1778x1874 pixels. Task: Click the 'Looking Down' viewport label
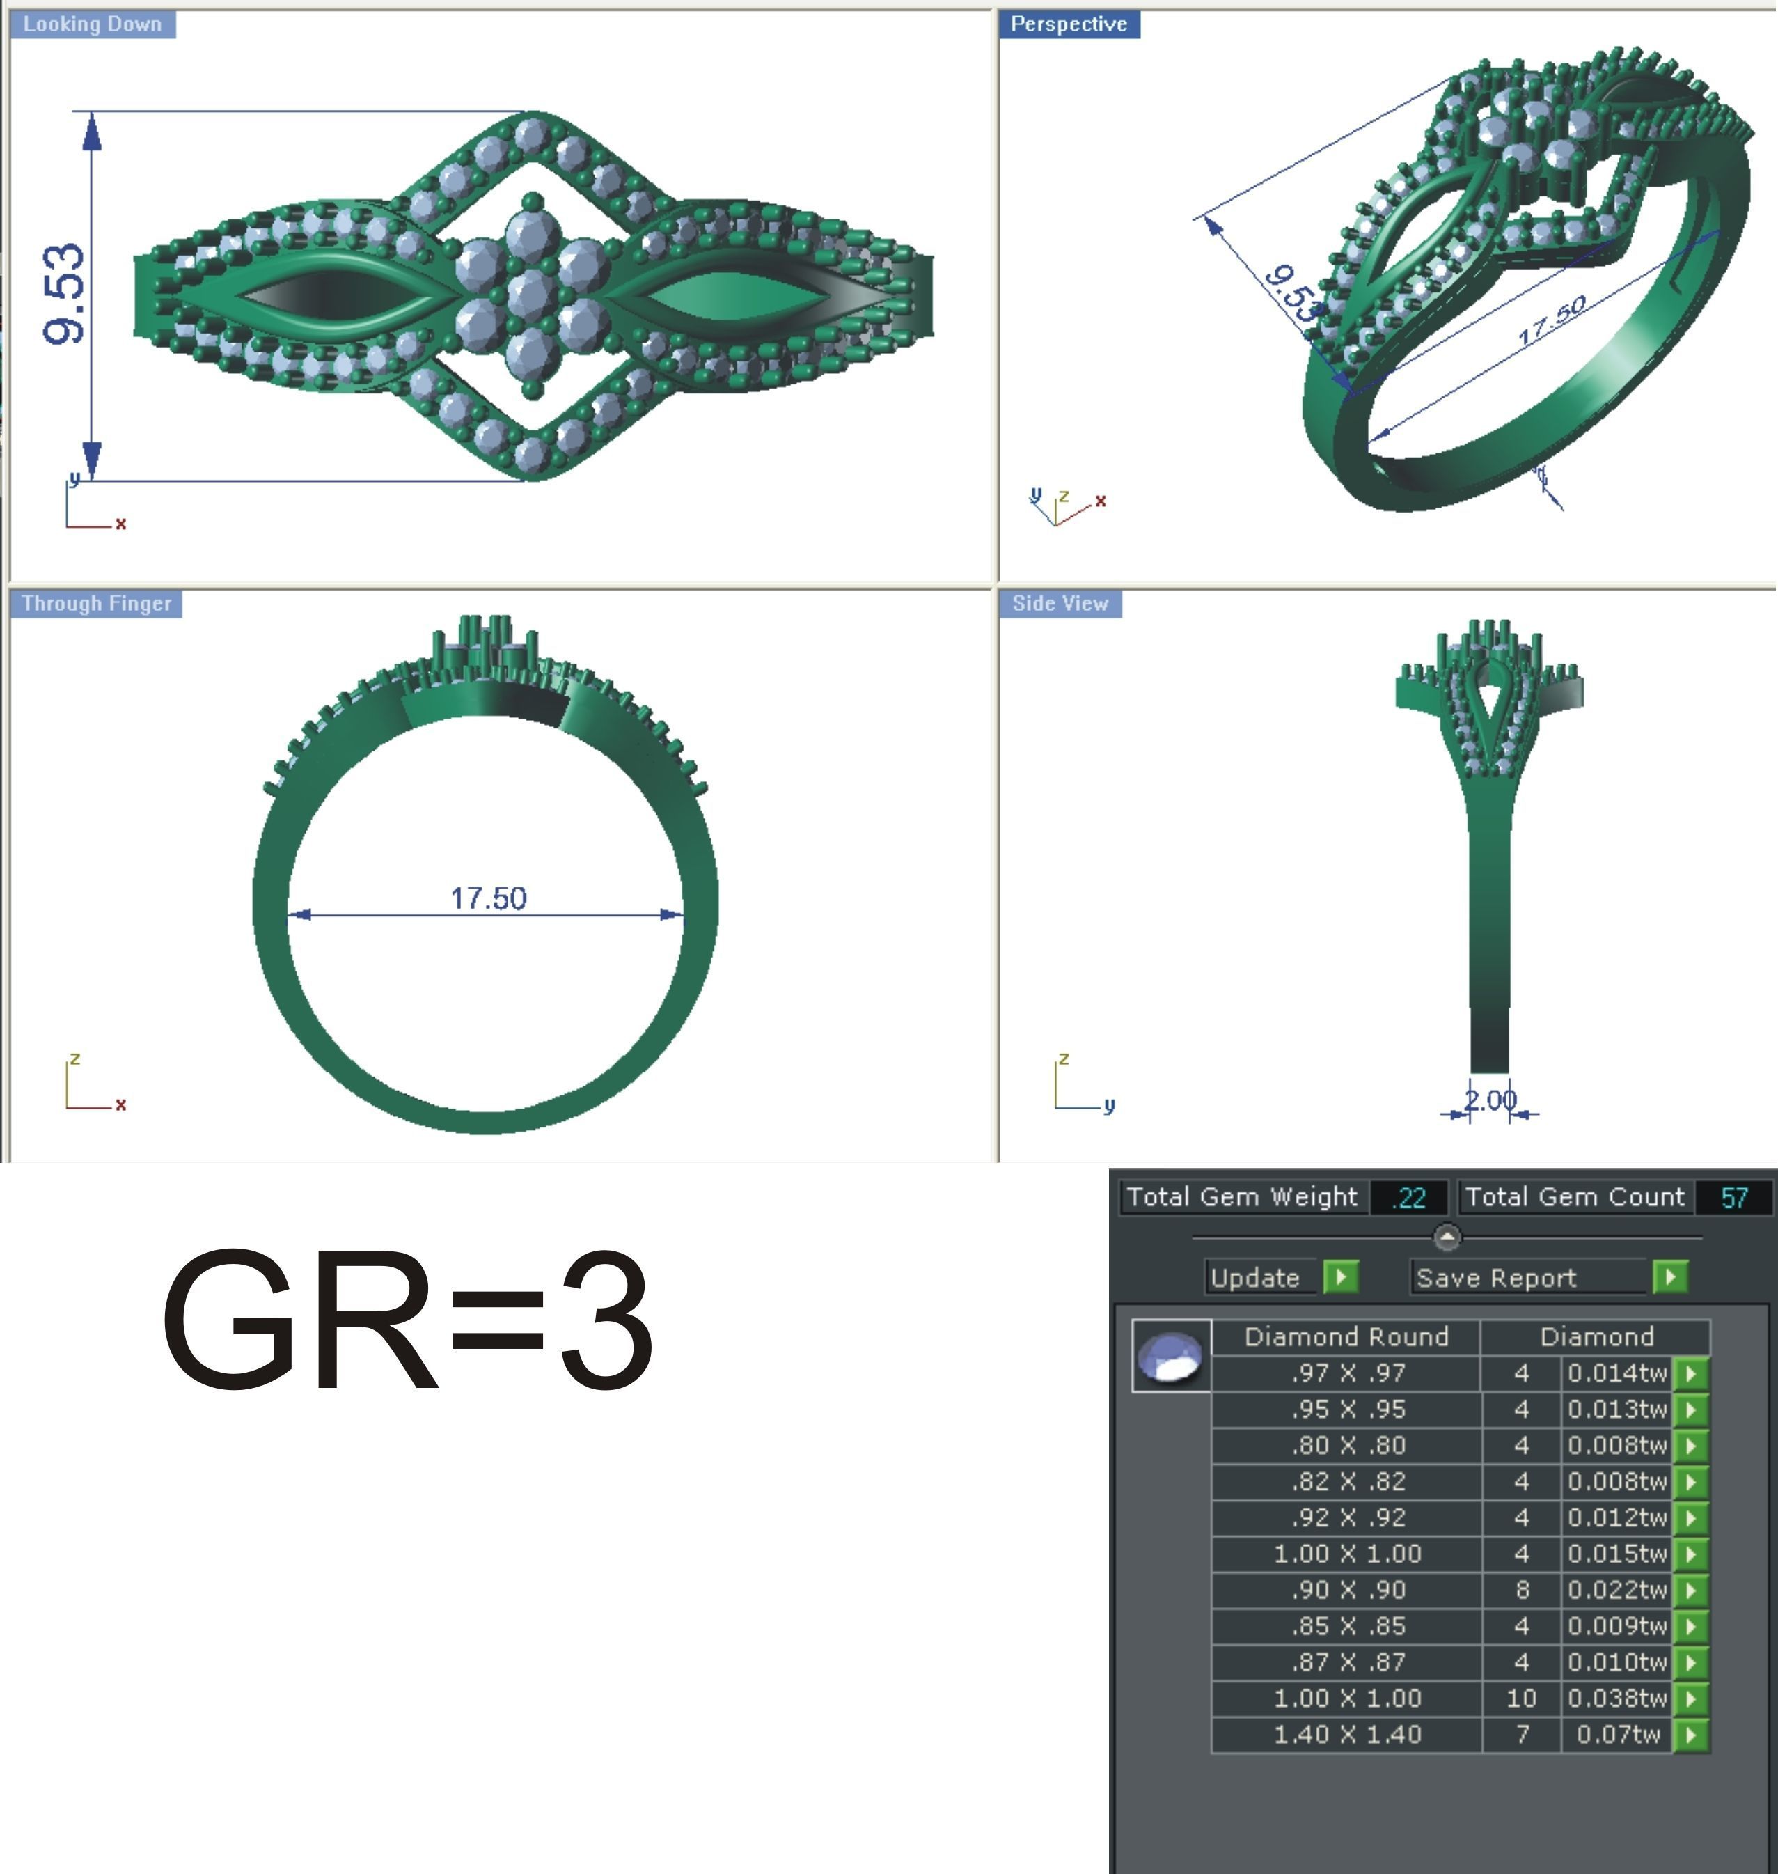point(92,24)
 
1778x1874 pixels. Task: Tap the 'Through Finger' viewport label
point(96,604)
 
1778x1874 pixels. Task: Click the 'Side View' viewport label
point(1060,604)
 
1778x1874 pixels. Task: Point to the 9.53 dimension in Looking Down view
point(65,293)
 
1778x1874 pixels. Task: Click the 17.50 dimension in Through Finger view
point(488,898)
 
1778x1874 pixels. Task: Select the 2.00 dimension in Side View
point(1489,1100)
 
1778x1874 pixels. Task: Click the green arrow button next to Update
point(1340,1276)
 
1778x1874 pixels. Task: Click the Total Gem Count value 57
point(1733,1197)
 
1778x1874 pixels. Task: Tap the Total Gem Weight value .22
point(1409,1197)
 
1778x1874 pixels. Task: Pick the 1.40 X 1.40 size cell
point(1347,1735)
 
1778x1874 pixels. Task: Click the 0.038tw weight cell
point(1616,1699)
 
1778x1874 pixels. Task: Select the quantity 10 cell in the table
point(1521,1699)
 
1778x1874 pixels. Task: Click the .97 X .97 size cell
point(1347,1373)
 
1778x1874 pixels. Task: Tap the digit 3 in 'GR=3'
point(606,1320)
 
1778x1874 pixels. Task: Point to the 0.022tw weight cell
point(1616,1590)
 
